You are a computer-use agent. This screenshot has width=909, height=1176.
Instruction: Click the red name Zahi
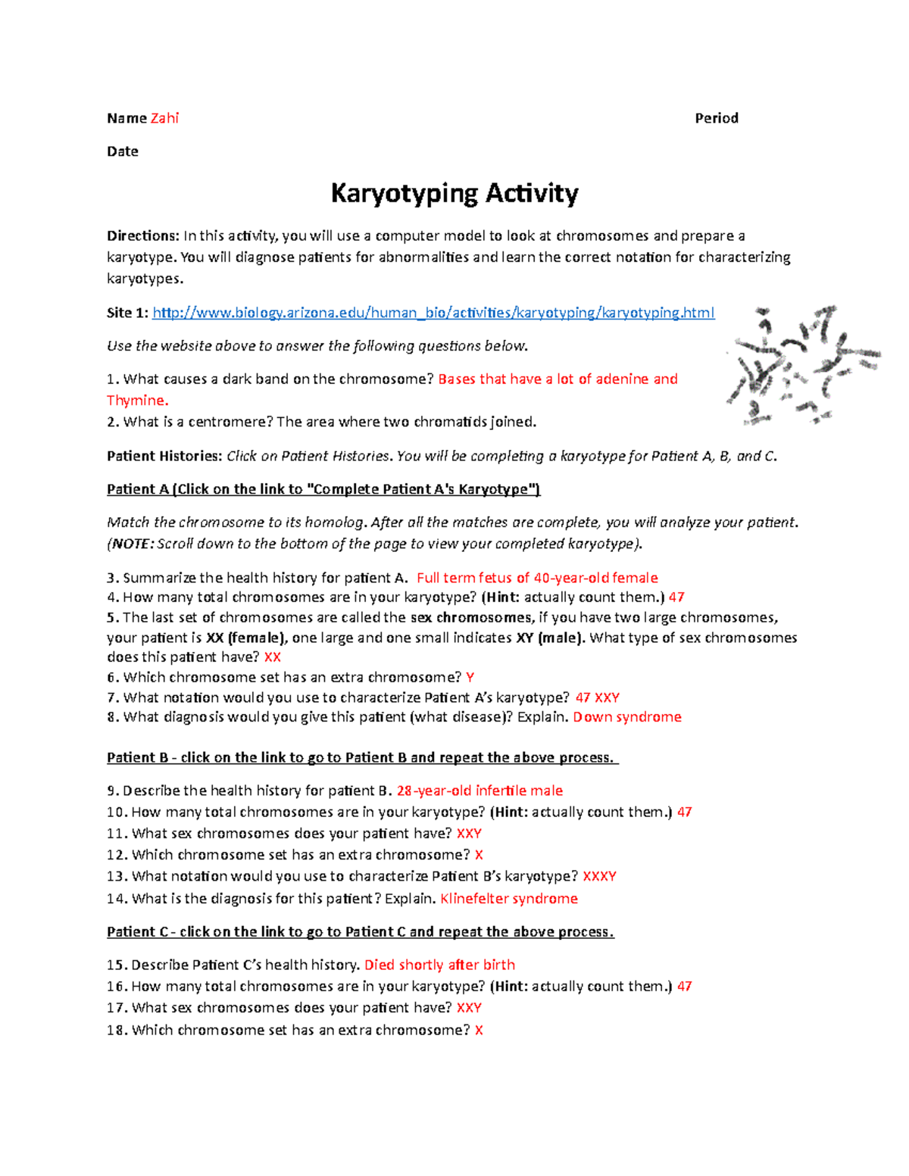[x=164, y=118]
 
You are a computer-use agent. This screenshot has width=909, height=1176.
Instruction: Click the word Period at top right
[x=716, y=118]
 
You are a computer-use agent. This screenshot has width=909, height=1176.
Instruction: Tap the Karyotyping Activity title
[x=454, y=194]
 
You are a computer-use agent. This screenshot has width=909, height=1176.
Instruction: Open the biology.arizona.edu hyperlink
[x=433, y=313]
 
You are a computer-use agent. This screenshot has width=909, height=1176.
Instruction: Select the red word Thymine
[x=137, y=401]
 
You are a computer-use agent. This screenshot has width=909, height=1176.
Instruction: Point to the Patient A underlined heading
[x=323, y=489]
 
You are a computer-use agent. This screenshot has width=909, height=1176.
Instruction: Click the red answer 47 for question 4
[x=676, y=597]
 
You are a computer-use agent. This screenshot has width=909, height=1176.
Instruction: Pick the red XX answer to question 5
[x=272, y=657]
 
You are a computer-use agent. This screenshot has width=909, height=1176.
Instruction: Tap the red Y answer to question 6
[x=470, y=678]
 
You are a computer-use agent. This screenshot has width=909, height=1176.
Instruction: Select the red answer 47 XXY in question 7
[x=597, y=698]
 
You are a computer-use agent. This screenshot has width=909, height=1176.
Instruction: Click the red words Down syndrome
[x=626, y=717]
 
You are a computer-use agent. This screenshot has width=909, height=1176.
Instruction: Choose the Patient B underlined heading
[x=362, y=758]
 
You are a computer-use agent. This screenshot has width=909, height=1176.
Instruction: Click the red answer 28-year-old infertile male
[x=479, y=791]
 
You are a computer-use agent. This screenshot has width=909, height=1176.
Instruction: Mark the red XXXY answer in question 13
[x=599, y=877]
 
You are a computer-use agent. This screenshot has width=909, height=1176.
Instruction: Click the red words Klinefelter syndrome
[x=508, y=899]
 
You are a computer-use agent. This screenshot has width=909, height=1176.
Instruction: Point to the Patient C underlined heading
[x=360, y=932]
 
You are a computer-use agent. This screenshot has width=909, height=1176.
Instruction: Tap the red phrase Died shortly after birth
[x=439, y=965]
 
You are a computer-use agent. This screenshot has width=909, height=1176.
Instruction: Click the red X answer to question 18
[x=479, y=1031]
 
